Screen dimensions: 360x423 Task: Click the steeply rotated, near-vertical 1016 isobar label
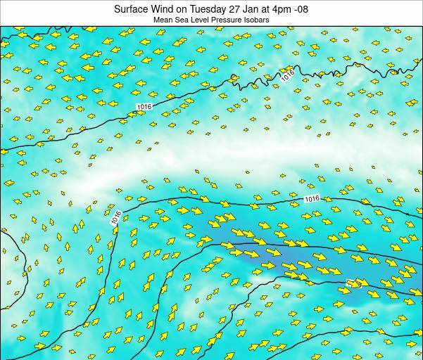(x=116, y=218)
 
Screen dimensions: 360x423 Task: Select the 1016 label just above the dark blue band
(x=312, y=199)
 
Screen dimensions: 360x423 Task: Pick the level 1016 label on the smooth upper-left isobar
(x=144, y=106)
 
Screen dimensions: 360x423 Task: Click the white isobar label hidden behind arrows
(x=355, y=283)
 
